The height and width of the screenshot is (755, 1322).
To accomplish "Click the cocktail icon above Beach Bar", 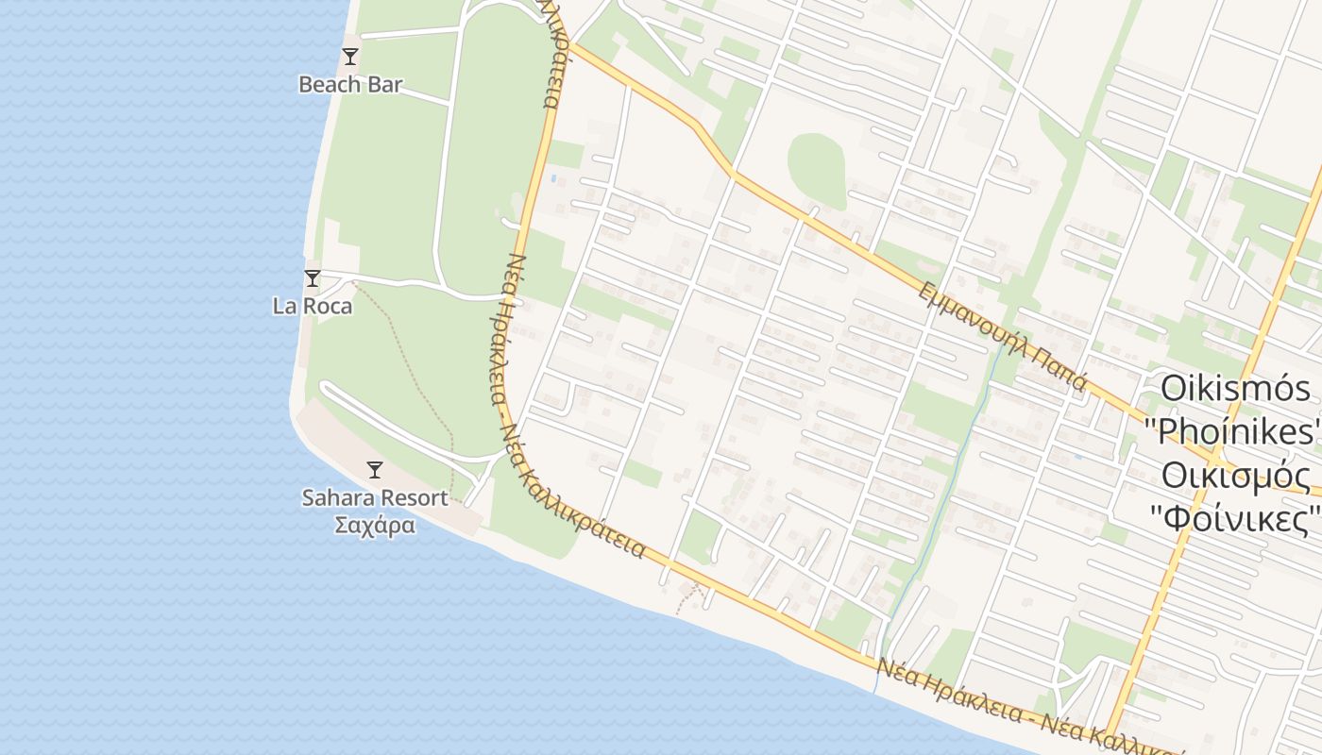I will pos(350,56).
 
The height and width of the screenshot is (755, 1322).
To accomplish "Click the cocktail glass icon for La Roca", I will pos(313,277).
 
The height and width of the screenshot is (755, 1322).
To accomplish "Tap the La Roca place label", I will pos(313,307).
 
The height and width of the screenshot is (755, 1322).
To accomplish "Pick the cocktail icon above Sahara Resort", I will pos(375,469).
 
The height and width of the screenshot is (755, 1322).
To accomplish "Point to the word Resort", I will pos(414,497).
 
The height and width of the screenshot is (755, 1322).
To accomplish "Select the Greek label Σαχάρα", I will pos(375,525).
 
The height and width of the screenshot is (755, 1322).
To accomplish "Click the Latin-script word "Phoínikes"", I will pos(1231,431).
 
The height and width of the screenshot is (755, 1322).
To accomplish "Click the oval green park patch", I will pos(817,167).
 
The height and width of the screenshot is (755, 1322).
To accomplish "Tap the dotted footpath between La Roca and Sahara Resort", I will pos(415,377).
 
